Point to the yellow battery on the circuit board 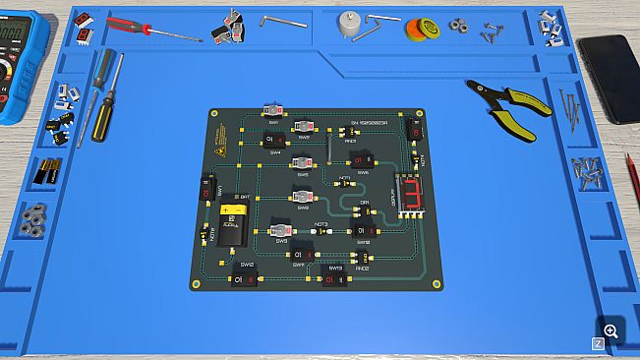(x=233, y=222)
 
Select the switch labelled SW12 (x=243, y=279)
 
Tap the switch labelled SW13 (x=334, y=280)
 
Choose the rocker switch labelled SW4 (x=273, y=140)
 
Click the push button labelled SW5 (x=303, y=162)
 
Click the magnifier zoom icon (x=611, y=331)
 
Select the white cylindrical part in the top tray (x=347, y=25)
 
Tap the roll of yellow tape (x=420, y=29)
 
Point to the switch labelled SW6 (x=363, y=160)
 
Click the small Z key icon (x=597, y=343)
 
